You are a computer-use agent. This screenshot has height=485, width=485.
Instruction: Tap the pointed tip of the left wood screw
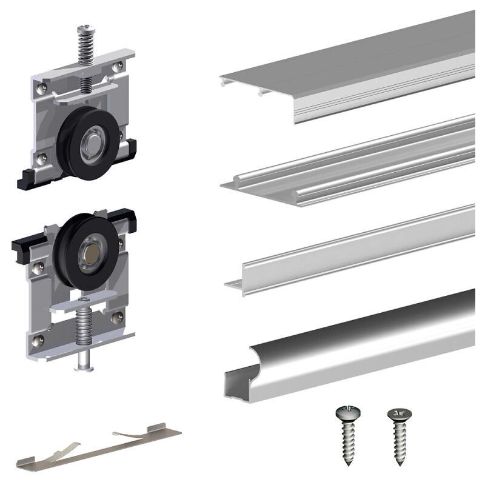coord(350,464)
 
